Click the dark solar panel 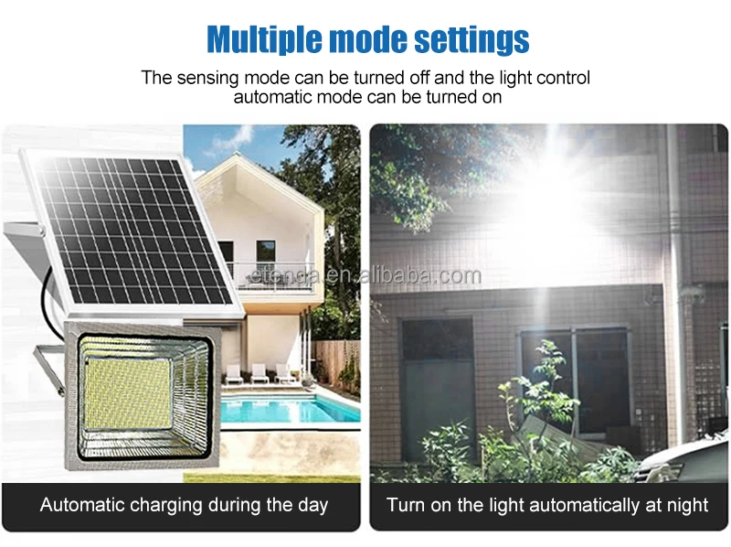tap(128, 229)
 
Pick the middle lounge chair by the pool tap(260, 372)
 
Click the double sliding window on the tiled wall tap(576, 380)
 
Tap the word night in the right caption tap(684, 505)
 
